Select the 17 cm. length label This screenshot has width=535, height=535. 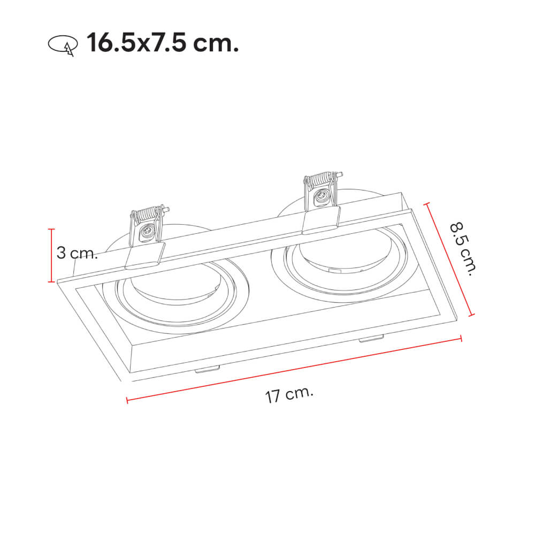pos(289,395)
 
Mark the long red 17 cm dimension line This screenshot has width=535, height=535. pos(294,369)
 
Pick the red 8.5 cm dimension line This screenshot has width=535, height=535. pos(449,259)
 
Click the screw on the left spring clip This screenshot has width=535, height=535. pos(147,232)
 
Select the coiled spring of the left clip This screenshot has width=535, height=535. pos(148,216)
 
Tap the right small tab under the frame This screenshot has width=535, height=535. pos(371,338)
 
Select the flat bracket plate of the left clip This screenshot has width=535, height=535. pos(145,255)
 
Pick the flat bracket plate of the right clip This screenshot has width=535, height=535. pos(321,220)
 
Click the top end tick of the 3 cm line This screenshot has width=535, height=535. pos(52,229)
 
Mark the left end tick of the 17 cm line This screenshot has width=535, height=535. pos(127,399)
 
